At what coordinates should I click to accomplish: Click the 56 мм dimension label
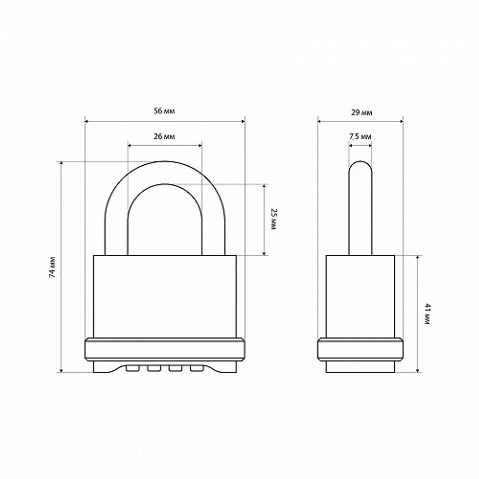pos(164,111)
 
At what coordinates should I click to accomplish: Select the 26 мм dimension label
pos(164,136)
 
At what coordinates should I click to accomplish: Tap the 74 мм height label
pos(53,266)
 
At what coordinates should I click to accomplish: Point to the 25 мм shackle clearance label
pos(274,219)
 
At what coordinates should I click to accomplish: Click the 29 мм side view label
pos(362,113)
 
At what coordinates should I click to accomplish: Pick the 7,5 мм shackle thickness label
pos(360,137)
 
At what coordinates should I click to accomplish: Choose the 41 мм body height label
pos(427,314)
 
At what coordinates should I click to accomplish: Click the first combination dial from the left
pos(133,368)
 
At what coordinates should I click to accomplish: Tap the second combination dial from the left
pos(154,368)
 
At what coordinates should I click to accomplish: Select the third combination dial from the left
pos(176,368)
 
